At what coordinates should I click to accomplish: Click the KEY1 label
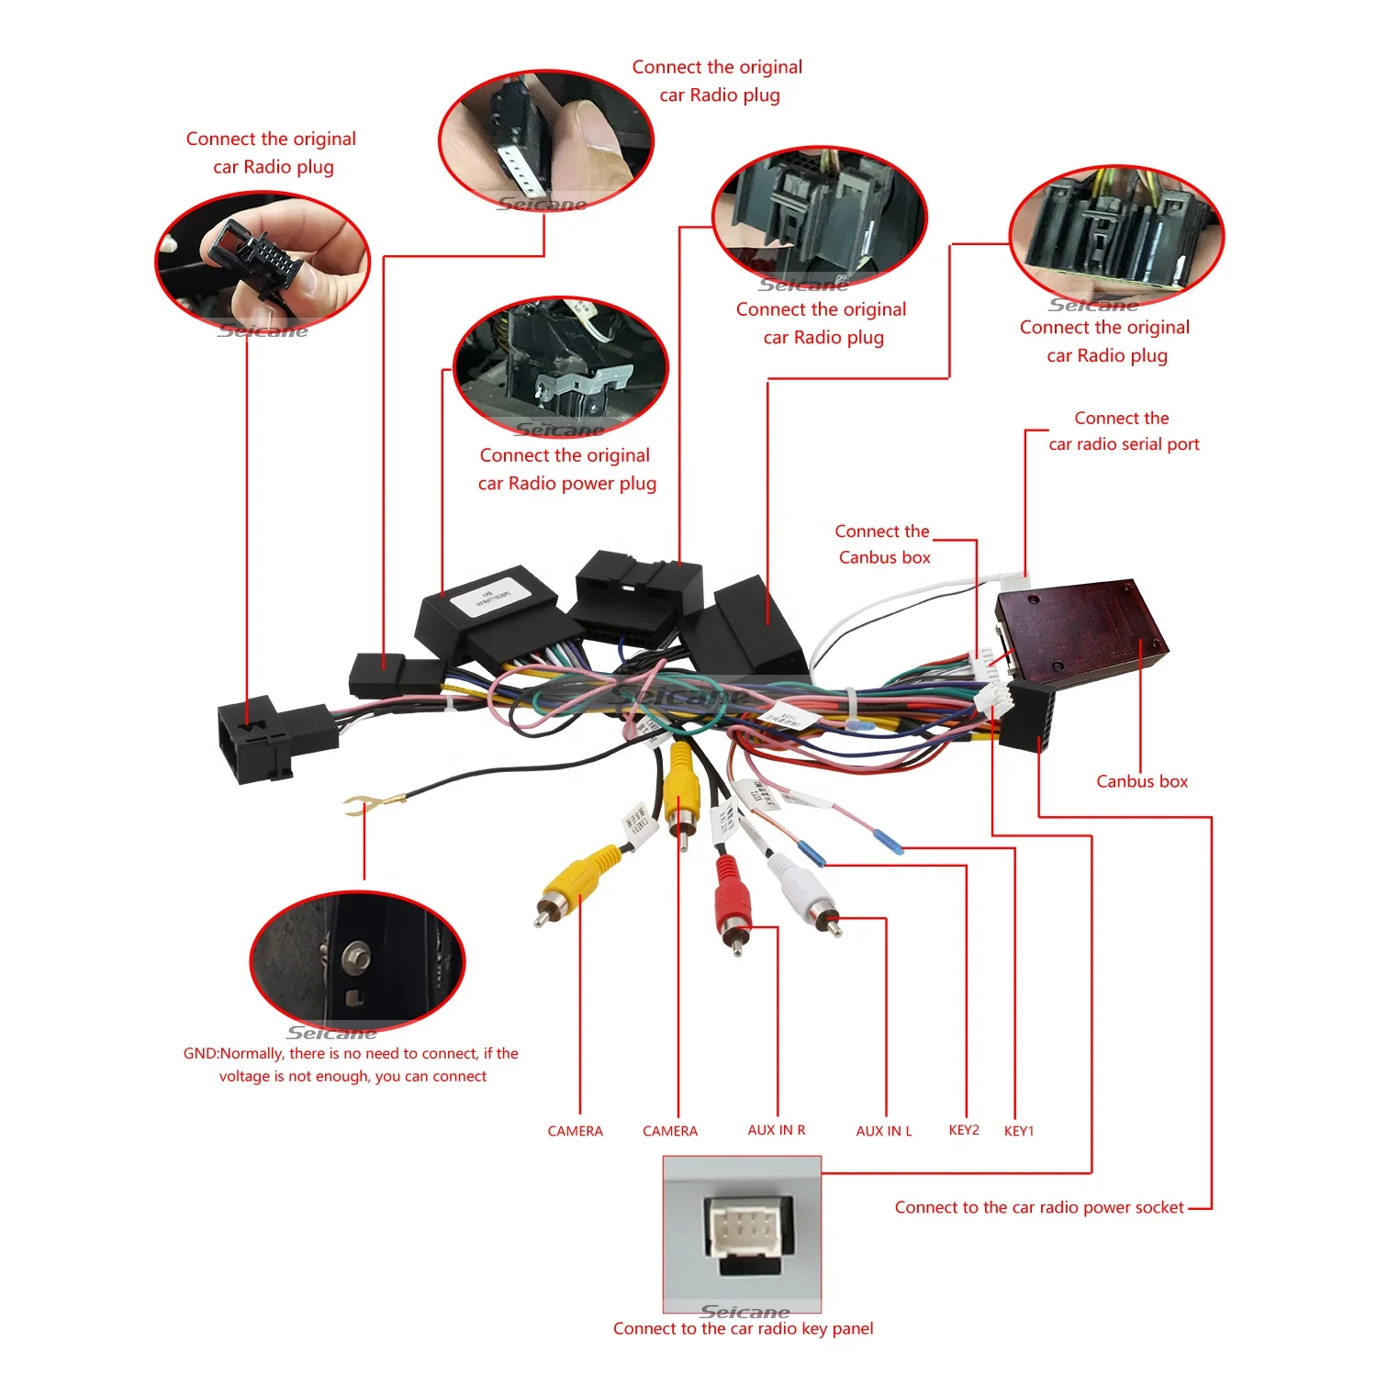1018,1131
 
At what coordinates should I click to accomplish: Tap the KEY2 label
964,1130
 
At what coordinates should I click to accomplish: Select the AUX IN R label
776,1130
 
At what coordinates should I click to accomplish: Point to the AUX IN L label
883,1131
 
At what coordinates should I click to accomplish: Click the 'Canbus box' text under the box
1142,781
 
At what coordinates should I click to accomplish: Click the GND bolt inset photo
357,960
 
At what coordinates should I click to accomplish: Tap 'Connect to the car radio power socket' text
1039,1207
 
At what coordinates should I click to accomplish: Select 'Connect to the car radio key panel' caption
743,1328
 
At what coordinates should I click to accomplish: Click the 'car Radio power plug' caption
566,483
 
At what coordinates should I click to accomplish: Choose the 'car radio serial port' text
1124,444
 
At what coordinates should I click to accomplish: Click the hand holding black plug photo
263,261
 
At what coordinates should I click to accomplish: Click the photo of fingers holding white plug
545,140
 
